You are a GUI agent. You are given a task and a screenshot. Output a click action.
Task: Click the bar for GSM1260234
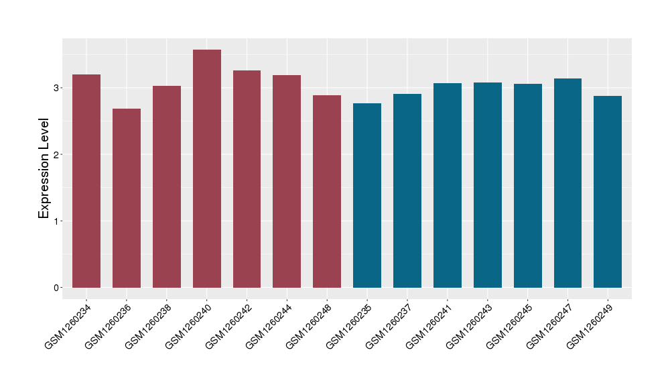86,181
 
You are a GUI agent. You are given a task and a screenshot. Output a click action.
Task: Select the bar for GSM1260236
127,198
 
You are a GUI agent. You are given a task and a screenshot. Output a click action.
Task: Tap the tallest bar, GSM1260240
207,168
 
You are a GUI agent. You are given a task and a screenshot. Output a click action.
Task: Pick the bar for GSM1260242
247,179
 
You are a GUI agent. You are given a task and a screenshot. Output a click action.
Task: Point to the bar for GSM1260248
327,191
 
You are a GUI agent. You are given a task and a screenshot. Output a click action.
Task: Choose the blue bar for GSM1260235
367,195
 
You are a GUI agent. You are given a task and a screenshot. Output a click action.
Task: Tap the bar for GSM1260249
608,192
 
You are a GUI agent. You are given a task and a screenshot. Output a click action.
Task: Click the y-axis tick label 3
58,88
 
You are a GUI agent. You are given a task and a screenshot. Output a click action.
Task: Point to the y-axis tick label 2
58,154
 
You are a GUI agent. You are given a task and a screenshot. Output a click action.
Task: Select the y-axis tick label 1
58,221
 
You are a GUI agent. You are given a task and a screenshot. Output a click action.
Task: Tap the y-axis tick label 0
58,288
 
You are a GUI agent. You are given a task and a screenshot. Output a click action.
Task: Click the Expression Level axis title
44,168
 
